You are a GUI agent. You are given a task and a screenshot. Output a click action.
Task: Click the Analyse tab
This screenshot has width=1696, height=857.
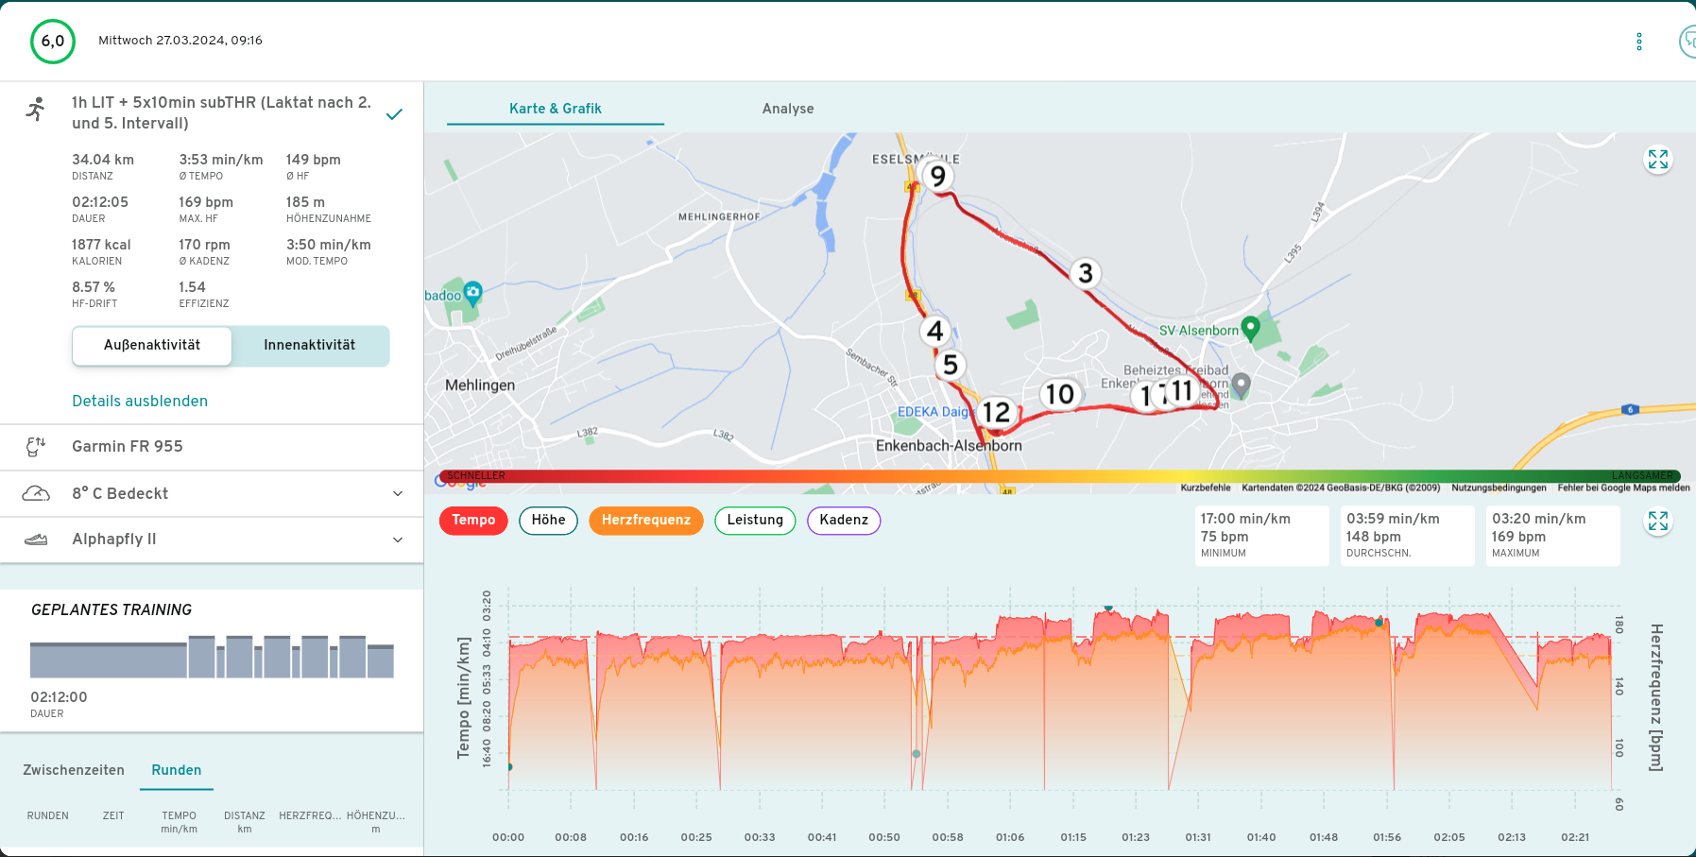(787, 109)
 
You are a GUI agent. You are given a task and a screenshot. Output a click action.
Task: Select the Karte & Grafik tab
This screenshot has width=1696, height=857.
(555, 109)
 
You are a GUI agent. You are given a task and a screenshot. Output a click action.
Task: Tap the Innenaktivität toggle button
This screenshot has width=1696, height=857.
(309, 345)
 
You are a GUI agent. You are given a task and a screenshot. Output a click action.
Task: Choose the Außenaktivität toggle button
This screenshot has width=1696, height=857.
(152, 345)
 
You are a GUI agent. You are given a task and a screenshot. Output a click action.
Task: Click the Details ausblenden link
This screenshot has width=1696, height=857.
(140, 401)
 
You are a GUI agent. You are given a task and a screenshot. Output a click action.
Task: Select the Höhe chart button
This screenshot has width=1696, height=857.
(548, 520)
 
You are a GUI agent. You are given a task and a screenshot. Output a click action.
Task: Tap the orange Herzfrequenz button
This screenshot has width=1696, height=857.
(645, 520)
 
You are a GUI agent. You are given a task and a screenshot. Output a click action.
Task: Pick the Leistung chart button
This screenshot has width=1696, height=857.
(755, 520)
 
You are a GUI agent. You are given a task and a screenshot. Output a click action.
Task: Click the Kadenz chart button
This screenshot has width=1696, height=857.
(843, 520)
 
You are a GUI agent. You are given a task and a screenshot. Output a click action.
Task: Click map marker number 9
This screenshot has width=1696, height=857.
(937, 176)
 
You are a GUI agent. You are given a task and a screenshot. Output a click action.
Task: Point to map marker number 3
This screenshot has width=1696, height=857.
(1086, 273)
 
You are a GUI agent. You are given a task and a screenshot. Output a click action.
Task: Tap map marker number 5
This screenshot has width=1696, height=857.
(951, 365)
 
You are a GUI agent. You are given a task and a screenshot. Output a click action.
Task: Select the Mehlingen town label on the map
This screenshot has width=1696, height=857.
(480, 386)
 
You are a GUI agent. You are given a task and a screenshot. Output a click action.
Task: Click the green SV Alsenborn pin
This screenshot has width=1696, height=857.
(1250, 327)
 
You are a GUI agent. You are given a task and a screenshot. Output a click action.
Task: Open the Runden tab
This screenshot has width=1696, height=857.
(177, 770)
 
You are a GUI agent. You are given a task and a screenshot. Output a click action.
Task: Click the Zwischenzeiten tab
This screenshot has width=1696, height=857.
(74, 770)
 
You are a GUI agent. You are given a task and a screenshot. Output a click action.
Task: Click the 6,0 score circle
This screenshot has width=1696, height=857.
(53, 42)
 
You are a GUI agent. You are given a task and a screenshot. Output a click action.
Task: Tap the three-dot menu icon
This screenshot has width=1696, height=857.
(1639, 42)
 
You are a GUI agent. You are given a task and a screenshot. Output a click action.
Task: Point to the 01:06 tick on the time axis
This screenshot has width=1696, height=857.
(1010, 837)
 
